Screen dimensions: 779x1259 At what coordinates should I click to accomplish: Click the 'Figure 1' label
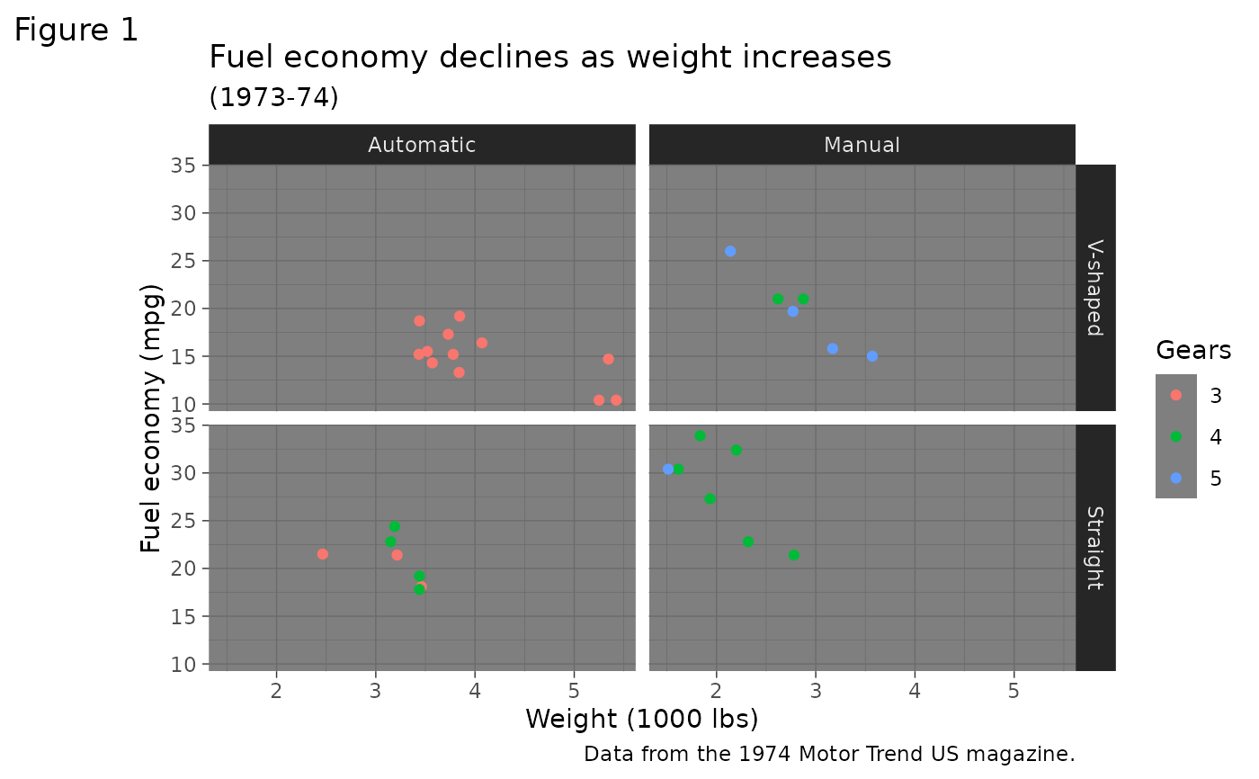[x=76, y=31]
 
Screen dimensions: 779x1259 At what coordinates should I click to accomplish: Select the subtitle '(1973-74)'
[x=273, y=97]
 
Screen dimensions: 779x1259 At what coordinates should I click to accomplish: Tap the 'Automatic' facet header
[x=422, y=145]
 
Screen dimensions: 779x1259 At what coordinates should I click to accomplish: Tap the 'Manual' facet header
[x=862, y=145]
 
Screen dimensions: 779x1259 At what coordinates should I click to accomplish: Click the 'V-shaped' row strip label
[x=1094, y=288]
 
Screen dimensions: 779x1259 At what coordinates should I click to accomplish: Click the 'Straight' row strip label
[x=1094, y=547]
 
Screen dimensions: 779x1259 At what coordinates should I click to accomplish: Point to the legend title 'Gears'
[x=1192, y=350]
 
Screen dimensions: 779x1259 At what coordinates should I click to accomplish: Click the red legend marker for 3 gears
[x=1176, y=395]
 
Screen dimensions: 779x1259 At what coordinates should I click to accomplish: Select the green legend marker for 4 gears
[x=1176, y=436]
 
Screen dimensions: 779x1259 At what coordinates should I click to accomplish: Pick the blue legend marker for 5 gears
[x=1176, y=478]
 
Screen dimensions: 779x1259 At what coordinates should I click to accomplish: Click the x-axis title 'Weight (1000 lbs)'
[x=641, y=719]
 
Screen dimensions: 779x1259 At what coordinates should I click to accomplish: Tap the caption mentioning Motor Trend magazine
[x=829, y=754]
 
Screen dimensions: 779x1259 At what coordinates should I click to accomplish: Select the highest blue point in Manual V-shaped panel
[x=730, y=251]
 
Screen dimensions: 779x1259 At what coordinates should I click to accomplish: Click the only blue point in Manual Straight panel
[x=668, y=469]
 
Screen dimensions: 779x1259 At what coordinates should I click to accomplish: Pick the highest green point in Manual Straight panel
[x=700, y=435]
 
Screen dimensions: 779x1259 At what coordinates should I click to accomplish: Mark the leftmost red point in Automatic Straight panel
[x=323, y=554]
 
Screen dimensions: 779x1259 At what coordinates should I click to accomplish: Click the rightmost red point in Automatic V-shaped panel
[x=616, y=400]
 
